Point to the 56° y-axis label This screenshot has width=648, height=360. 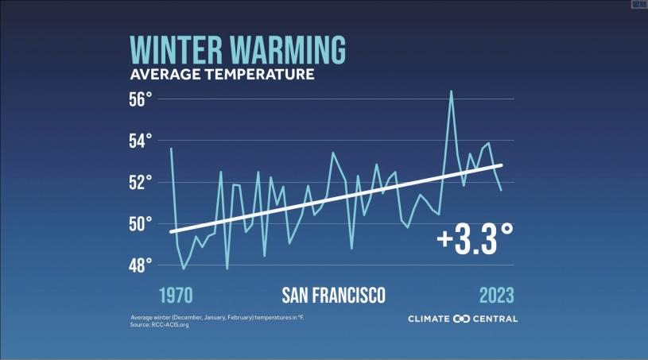click(140, 99)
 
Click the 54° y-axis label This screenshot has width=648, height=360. click(140, 141)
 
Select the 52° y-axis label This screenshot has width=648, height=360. click(140, 183)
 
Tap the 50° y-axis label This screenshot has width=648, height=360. click(140, 224)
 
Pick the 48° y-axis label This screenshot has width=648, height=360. click(140, 265)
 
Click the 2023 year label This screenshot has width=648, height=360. click(497, 296)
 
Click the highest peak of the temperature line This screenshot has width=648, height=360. click(451, 91)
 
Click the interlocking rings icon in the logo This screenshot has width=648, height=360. click(462, 319)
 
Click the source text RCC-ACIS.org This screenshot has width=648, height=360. click(169, 324)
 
